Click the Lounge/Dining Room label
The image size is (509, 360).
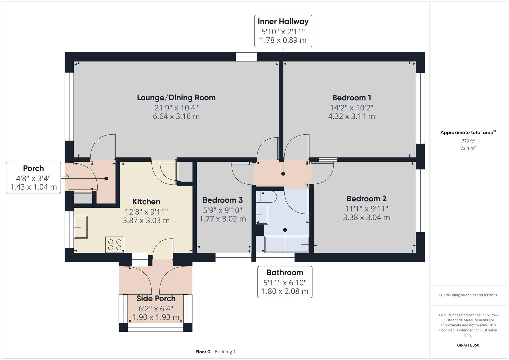pyautogui.click(x=176, y=98)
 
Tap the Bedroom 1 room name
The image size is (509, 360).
pyautogui.click(x=351, y=98)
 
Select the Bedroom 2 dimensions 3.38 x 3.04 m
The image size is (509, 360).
pyautogui.click(x=366, y=217)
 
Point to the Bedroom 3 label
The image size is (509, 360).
pyautogui.click(x=222, y=200)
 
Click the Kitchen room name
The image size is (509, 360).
pyautogui.click(x=146, y=202)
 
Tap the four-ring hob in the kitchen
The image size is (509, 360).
pyautogui.click(x=115, y=245)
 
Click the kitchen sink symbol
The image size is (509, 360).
pyautogui.click(x=81, y=227)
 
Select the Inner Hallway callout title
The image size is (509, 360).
pyautogui.click(x=283, y=22)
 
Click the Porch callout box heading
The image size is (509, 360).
pyautogui.click(x=33, y=168)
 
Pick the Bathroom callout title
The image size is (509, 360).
pyautogui.click(x=285, y=273)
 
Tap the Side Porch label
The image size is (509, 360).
pyautogui.click(x=156, y=299)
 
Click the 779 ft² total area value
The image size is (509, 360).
pyautogui.click(x=468, y=141)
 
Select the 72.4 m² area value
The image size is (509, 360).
pyautogui.click(x=468, y=148)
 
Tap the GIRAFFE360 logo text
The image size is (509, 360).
pyautogui.click(x=468, y=345)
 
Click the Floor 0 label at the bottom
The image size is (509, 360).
pyautogui.click(x=203, y=352)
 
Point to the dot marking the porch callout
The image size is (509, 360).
pyautogui.click(x=106, y=179)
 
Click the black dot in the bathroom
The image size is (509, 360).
pyautogui.click(x=285, y=230)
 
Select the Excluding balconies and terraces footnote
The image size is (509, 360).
pyautogui.click(x=468, y=295)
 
